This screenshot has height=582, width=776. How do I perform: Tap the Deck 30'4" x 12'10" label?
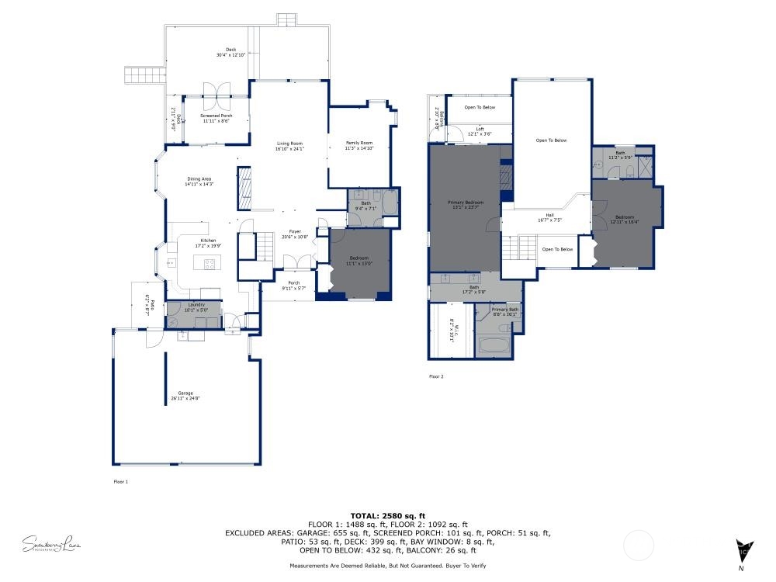tap(230, 53)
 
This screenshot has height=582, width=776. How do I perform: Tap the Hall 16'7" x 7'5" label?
tap(549, 217)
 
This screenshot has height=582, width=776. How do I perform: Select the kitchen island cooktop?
tap(209, 264)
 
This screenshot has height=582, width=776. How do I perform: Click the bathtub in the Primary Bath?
tap(494, 344)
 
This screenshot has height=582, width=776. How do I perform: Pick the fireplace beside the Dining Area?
tap(244, 189)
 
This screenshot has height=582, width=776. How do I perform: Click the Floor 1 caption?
tap(120, 482)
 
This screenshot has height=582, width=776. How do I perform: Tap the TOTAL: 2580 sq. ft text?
tap(388, 516)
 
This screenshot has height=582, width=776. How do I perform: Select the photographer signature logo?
tap(52, 544)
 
